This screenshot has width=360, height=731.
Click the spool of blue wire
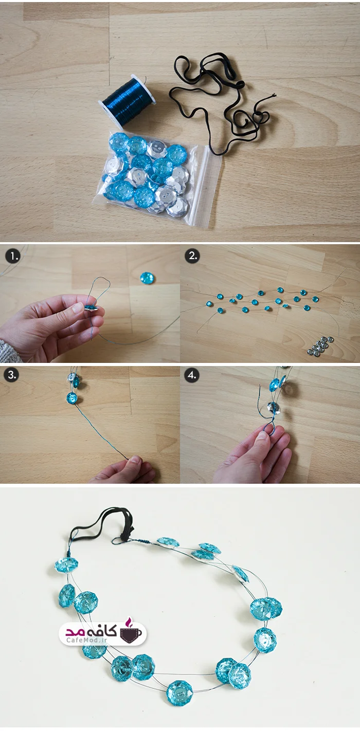pyautogui.click(x=128, y=98)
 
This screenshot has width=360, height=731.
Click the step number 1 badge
pyautogui.click(x=13, y=256)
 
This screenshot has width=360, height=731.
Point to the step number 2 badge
pyautogui.click(x=192, y=255)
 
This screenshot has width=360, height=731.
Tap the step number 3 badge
pyautogui.click(x=12, y=375)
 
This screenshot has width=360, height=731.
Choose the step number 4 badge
pyautogui.click(x=192, y=375)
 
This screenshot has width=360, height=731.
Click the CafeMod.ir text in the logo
pyautogui.click(x=87, y=640)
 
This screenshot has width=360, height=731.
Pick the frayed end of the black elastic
pyautogui.click(x=272, y=96)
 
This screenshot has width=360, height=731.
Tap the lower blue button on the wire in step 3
pyautogui.click(x=72, y=398)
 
